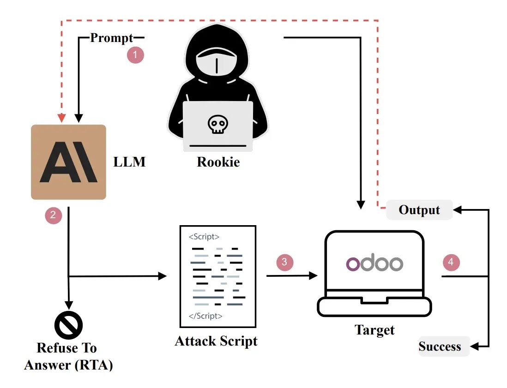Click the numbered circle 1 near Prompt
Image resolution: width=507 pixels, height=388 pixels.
[x=135, y=55]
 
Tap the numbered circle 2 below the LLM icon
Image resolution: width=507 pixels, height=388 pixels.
[x=54, y=215]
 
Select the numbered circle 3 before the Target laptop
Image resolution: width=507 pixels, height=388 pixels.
[x=284, y=262]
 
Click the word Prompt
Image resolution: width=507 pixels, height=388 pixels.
[x=111, y=38]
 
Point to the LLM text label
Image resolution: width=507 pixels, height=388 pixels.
[x=129, y=162]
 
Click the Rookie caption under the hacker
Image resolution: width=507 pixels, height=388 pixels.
[x=218, y=162]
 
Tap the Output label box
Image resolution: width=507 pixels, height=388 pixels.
[x=419, y=210]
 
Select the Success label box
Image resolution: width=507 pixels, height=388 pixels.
[x=440, y=346]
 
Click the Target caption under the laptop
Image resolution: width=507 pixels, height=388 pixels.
[x=374, y=330]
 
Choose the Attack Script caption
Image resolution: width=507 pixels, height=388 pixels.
[x=216, y=341]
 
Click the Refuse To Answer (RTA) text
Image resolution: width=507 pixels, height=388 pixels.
[x=68, y=356]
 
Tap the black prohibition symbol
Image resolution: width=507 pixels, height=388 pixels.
[x=68, y=325]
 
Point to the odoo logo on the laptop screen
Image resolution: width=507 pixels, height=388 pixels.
[x=374, y=263]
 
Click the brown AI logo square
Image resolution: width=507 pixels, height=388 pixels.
[x=68, y=162]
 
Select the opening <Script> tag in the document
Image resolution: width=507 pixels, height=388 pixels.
[x=204, y=237]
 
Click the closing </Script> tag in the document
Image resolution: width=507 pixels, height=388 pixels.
[x=205, y=316]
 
